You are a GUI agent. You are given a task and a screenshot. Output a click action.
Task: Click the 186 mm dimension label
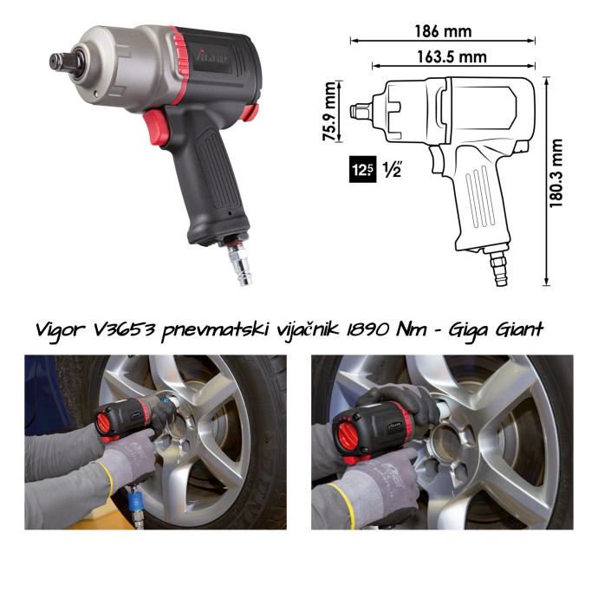(443, 31)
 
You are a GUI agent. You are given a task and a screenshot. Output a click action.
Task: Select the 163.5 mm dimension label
(452, 57)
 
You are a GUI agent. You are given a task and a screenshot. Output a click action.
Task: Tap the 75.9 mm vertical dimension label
(329, 111)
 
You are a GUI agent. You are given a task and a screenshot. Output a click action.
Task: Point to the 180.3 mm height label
(556, 173)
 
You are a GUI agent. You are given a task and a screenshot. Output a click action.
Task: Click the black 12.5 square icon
(362, 169)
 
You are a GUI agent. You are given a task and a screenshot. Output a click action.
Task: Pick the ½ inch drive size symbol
(392, 169)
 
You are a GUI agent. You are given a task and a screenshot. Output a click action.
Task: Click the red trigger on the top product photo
(156, 127)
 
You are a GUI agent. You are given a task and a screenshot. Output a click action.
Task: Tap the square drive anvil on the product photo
(63, 62)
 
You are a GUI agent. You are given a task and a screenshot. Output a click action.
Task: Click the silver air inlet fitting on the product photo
(240, 264)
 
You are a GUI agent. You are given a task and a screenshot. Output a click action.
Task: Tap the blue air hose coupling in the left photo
(135, 503)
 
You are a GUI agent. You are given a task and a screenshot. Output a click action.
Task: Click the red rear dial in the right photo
(348, 436)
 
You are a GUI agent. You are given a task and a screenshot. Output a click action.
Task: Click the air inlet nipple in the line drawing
(499, 270)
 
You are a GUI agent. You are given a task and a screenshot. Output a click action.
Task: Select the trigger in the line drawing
(437, 159)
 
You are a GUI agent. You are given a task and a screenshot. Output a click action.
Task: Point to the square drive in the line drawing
(360, 111)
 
